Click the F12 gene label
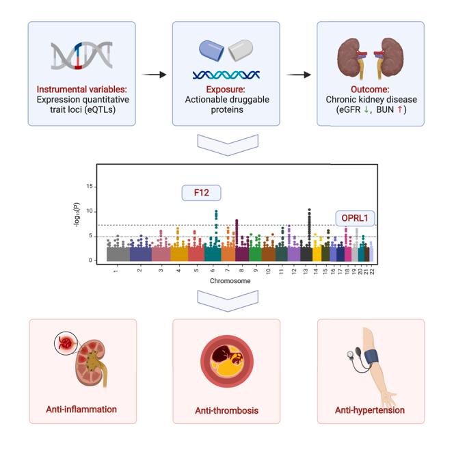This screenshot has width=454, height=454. pyautogui.click(x=202, y=193)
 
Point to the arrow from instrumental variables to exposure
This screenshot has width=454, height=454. pyautogui.click(x=154, y=73)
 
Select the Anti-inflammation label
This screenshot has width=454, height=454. pyautogui.click(x=82, y=410)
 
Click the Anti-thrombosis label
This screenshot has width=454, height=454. pyautogui.click(x=226, y=412)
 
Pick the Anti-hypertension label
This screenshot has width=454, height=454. pyautogui.click(x=370, y=410)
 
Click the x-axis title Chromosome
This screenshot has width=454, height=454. pyautogui.click(x=230, y=281)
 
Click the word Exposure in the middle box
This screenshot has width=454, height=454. pyautogui.click(x=226, y=90)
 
